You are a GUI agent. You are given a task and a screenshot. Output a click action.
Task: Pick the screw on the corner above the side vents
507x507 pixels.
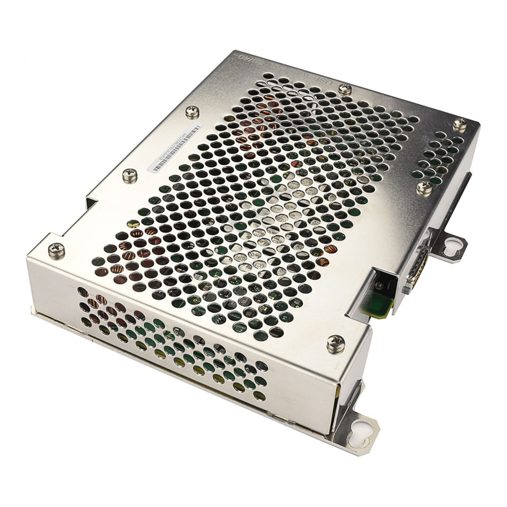click(56, 250)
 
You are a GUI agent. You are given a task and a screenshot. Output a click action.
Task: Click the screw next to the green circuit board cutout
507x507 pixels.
click(336, 343)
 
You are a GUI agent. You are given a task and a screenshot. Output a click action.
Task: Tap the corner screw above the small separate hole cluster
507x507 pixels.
click(460, 123)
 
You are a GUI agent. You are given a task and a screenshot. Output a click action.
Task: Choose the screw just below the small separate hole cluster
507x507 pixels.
click(425, 188)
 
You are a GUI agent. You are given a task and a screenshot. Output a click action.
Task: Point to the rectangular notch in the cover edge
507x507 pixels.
click(90, 204)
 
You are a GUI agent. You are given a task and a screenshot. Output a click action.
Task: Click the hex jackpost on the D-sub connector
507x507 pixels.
click(423, 248)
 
